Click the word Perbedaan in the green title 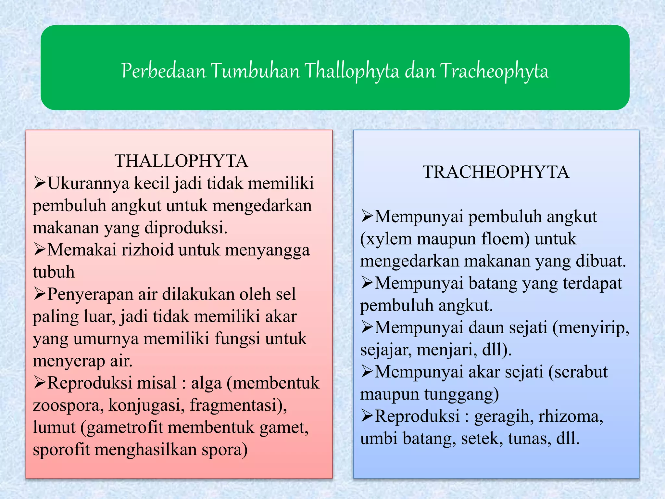click(164, 71)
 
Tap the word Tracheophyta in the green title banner click(494, 71)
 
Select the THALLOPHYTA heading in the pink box click(181, 161)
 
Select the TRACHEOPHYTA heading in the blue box click(496, 172)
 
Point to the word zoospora click(68, 405)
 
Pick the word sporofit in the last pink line click(61, 450)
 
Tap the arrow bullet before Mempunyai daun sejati click(367, 327)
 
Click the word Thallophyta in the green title click(352, 71)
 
